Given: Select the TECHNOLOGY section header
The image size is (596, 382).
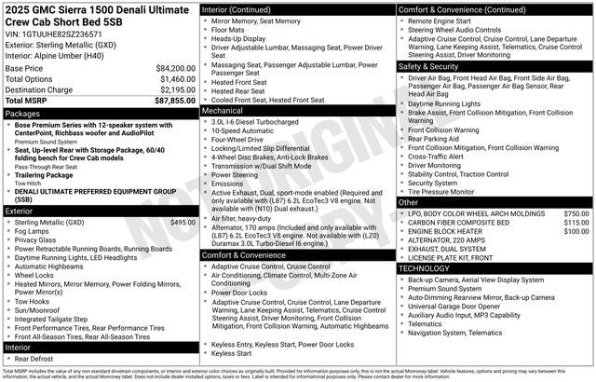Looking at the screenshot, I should pos(425,267).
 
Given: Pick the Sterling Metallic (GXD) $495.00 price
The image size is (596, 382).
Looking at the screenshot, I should pos(183,222).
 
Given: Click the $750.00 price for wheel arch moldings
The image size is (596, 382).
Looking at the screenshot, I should pos(576,213).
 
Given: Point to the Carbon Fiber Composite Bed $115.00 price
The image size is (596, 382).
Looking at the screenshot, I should pos(576,223).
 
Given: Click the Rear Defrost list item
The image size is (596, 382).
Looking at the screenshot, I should pos(34,359).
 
